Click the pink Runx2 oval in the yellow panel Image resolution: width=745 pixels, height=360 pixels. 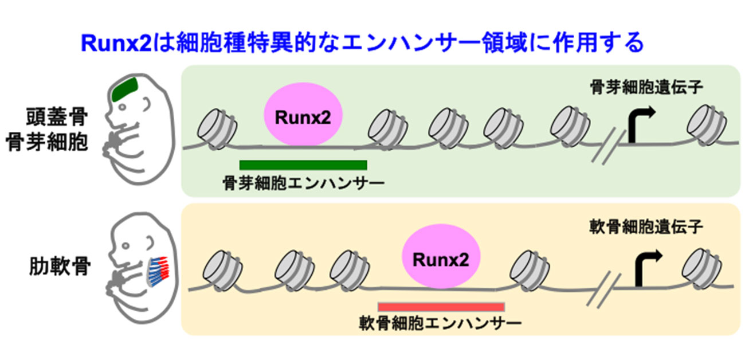(x=440, y=260)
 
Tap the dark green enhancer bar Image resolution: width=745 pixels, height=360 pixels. (x=303, y=165)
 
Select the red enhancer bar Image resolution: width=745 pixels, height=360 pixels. (x=441, y=306)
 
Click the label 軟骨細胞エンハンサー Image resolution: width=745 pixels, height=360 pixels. (x=441, y=324)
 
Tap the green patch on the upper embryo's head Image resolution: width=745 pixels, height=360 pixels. (x=126, y=88)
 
